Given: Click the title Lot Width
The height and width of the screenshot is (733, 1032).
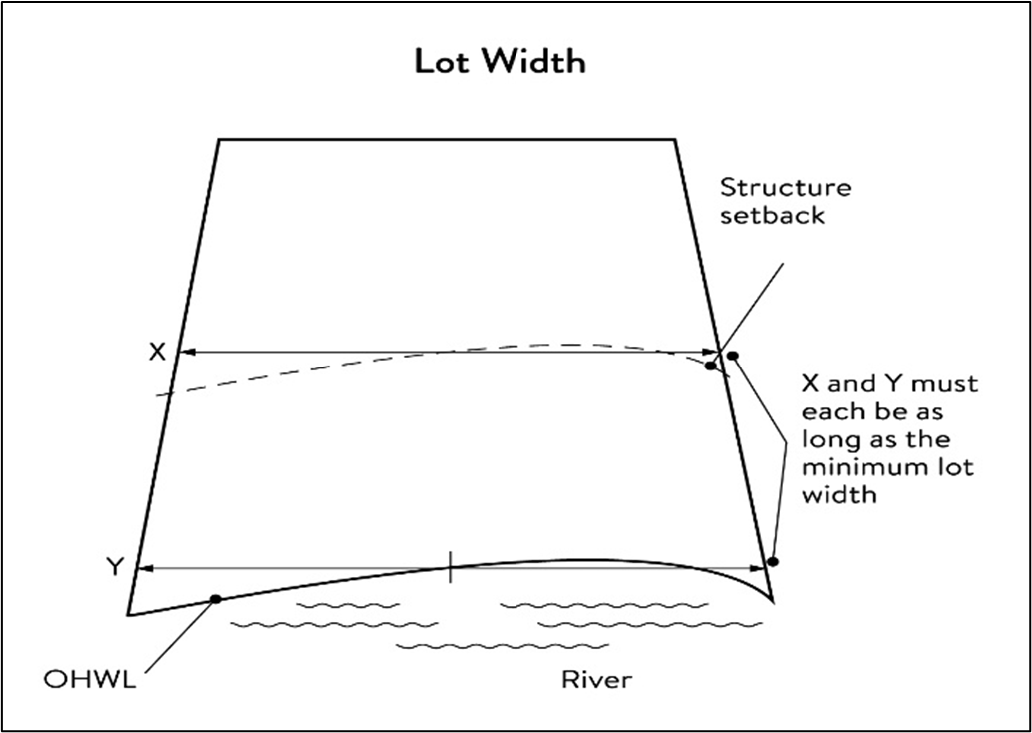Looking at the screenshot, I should point(501,62).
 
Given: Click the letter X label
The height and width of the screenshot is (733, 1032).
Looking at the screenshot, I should point(156,352).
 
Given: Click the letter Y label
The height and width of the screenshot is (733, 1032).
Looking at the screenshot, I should point(115,567).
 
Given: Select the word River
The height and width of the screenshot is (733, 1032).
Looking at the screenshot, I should point(596,680).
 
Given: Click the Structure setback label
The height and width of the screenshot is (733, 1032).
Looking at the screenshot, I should point(786,200).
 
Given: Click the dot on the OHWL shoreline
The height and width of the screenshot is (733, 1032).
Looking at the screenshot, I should point(215,599).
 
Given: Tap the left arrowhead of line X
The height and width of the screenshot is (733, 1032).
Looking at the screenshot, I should point(183,352).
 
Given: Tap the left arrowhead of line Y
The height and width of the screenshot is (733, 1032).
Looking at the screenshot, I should point(141,568).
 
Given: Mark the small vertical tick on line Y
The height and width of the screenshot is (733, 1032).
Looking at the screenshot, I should point(451,566).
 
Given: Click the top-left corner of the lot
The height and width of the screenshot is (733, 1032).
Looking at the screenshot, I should point(219,140).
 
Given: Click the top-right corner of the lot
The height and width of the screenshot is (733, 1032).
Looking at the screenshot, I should point(676,140).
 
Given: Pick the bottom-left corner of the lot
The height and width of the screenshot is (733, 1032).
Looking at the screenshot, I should point(128,614).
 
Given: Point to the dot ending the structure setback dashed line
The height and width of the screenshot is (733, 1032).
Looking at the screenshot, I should point(710,366).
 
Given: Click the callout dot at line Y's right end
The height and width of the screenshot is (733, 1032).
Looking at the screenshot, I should point(772,562).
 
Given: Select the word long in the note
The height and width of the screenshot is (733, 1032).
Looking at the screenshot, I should point(827,439).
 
